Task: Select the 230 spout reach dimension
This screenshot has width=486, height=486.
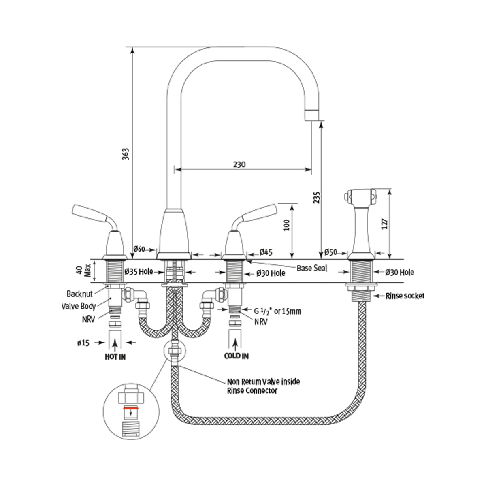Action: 239,164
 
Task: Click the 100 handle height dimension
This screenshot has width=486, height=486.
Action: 286,225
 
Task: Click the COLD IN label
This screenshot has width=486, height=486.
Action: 237,356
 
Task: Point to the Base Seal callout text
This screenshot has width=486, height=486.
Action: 312,268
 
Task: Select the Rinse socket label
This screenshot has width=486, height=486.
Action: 405,296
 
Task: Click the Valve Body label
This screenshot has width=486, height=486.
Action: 79,306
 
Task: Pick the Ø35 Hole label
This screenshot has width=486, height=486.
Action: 139,271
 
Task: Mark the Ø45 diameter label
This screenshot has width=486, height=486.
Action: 265,252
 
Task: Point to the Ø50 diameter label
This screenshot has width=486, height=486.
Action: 330,252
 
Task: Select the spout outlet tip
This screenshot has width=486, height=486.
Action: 312,115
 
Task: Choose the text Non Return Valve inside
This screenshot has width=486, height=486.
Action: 263,382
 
